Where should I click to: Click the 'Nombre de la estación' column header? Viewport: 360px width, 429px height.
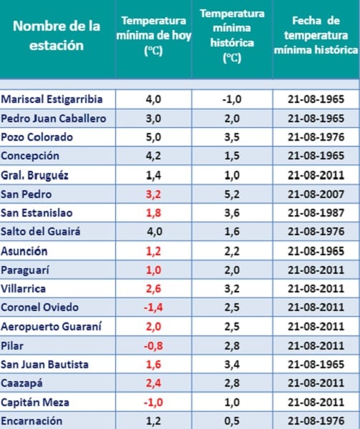point(57,35)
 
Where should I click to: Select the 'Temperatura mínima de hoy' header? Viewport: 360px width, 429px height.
point(154,36)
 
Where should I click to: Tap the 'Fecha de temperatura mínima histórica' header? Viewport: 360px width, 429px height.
point(316,35)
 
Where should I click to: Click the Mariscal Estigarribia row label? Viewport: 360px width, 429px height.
point(52,99)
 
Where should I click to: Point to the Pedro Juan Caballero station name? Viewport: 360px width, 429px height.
point(54,119)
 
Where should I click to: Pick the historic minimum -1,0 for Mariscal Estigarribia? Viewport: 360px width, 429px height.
point(232,99)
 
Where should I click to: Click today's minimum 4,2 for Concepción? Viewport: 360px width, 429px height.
point(153,156)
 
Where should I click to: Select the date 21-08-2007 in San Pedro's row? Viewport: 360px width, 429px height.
point(316,194)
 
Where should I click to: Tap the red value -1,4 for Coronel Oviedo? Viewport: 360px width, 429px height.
point(153,307)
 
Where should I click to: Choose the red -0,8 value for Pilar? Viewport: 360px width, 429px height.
point(153,346)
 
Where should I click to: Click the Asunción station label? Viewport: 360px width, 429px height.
point(24,251)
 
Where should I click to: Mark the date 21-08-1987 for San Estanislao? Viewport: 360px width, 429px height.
point(316,213)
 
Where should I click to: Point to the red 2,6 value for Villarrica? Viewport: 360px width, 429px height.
point(153,289)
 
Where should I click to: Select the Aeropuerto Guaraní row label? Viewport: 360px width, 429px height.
point(52,327)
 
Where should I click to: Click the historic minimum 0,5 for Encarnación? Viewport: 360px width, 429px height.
point(232,421)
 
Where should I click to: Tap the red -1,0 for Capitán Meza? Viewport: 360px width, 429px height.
point(153,403)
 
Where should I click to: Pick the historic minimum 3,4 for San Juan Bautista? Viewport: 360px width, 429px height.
point(232,365)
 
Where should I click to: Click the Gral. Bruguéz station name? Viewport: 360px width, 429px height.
point(34,175)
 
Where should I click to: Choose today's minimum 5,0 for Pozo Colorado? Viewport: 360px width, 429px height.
point(153,137)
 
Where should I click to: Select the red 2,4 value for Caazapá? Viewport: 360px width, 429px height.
point(153,383)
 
